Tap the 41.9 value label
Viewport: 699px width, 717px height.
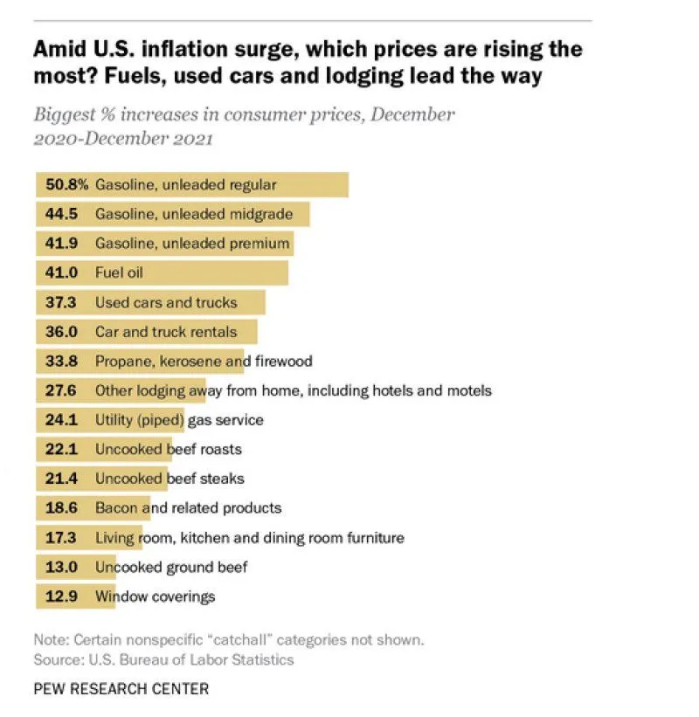tap(62, 244)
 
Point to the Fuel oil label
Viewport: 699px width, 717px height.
tap(119, 273)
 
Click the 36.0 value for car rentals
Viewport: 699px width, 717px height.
tap(62, 332)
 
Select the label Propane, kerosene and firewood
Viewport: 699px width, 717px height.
tap(204, 361)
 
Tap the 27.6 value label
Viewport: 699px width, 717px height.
tap(62, 390)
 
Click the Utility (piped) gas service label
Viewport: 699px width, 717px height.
tap(179, 420)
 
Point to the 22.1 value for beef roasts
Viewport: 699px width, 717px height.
tap(62, 449)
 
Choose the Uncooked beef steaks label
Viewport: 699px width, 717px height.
tap(170, 479)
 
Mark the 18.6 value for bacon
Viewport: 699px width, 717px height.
tap(62, 507)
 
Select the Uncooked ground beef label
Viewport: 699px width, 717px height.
tap(171, 567)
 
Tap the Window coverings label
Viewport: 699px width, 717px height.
tap(156, 596)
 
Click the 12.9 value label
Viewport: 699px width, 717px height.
tap(62, 596)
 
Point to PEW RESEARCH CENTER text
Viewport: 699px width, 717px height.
tap(121, 689)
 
